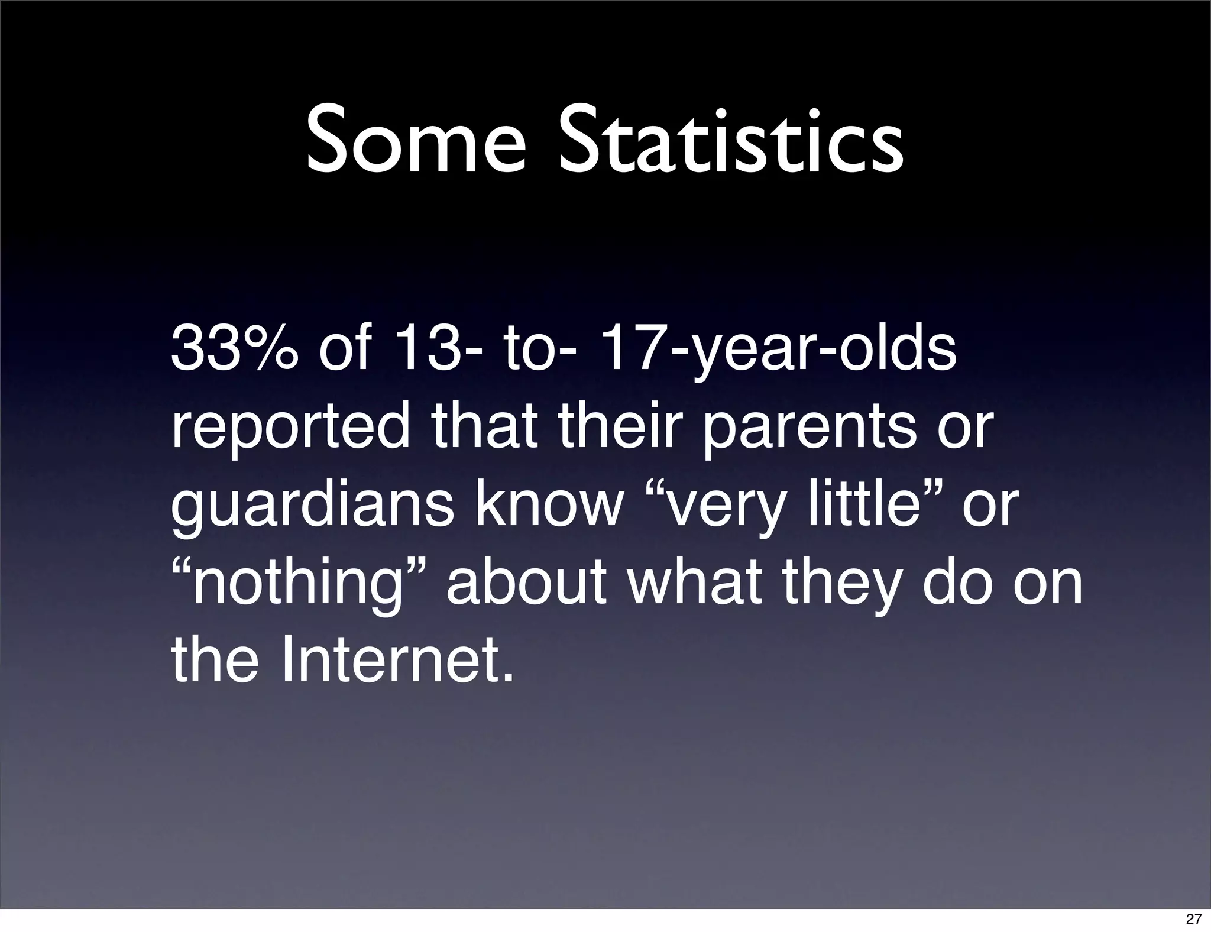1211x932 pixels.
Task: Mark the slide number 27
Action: [1193, 918]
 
